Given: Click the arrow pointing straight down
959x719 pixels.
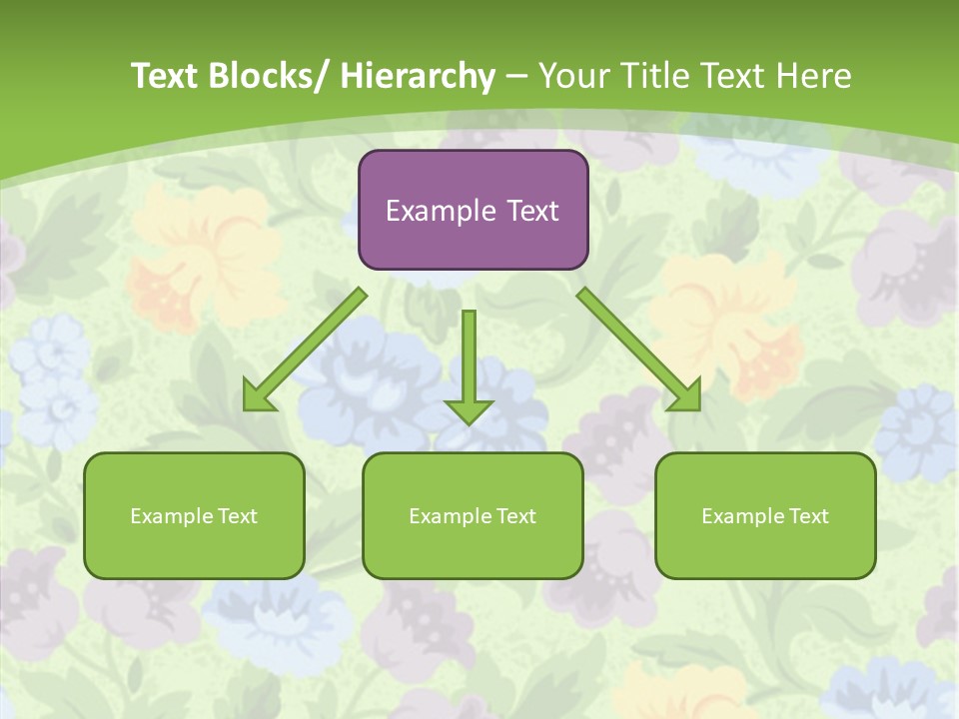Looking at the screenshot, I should (x=469, y=364).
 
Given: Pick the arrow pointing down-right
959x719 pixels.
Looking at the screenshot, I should (x=639, y=350).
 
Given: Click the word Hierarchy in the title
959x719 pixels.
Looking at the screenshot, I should (x=418, y=76).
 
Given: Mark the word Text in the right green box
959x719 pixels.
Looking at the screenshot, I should (x=808, y=516).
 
